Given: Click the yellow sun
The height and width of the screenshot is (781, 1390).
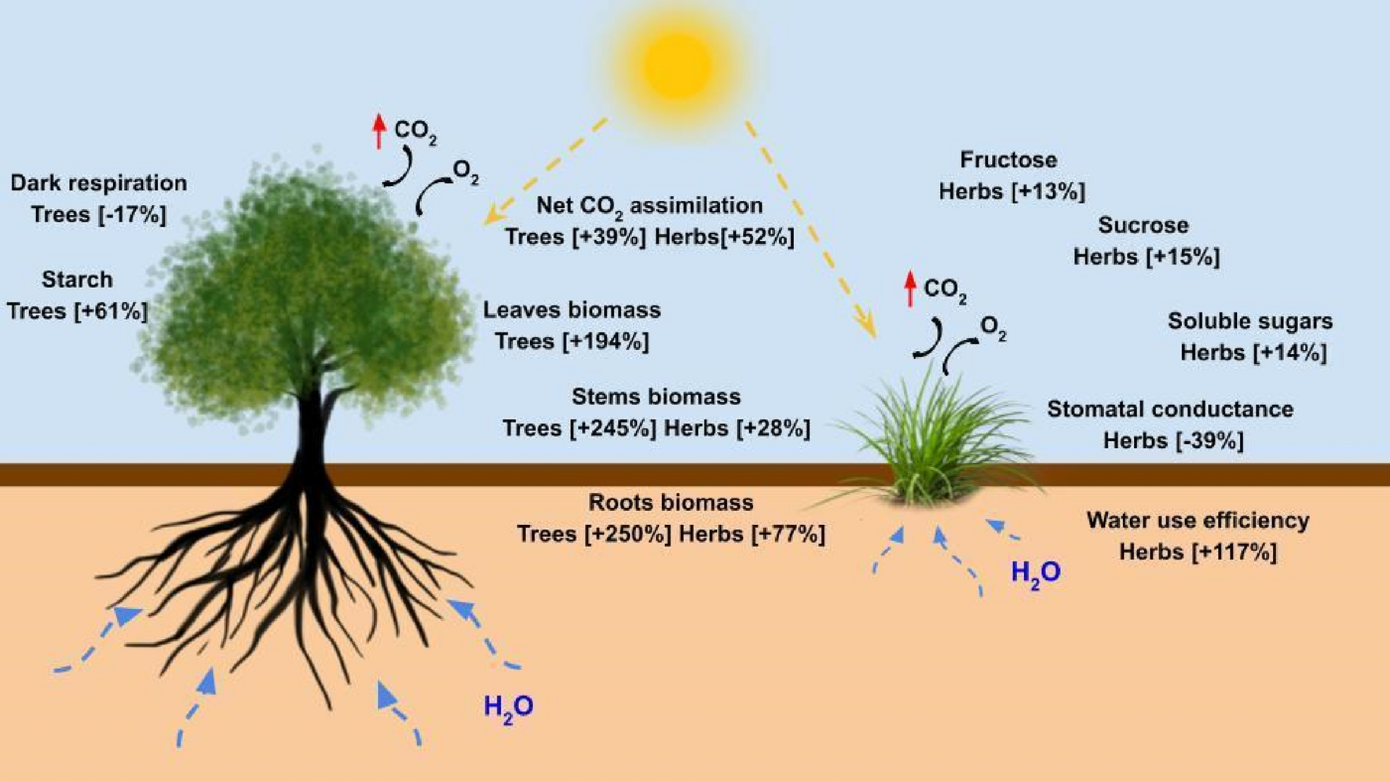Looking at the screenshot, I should (677, 66).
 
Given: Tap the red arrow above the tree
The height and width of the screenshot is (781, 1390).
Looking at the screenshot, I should (379, 130).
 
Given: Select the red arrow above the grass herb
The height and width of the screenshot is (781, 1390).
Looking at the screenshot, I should (910, 288).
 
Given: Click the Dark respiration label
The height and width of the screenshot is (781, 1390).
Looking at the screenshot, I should (99, 183).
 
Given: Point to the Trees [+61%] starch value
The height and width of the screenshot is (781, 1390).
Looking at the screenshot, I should (78, 312).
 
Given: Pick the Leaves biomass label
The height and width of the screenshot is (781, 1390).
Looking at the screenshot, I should (572, 310).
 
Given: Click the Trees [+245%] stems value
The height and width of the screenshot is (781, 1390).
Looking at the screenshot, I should (580, 429).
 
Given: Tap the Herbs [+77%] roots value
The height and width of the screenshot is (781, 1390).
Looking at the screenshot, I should (752, 535).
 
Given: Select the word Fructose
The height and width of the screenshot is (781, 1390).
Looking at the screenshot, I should (1008, 160).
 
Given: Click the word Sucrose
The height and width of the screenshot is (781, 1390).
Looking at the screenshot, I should (1143, 225).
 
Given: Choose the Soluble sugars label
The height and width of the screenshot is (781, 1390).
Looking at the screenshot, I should (1249, 321).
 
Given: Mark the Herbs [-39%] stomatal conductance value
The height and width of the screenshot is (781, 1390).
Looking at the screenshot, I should (1173, 441).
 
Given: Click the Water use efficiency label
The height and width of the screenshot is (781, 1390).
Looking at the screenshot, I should (1198, 520).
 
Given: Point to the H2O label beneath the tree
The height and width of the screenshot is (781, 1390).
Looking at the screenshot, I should (509, 707).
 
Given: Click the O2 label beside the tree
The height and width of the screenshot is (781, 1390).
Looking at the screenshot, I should (466, 172).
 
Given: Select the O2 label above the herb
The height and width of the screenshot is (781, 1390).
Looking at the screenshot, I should (993, 329).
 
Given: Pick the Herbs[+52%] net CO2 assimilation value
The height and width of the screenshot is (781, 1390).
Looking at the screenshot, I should (724, 237).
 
